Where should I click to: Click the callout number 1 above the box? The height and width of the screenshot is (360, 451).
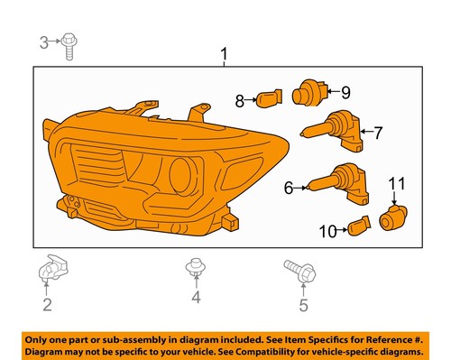click(x=224, y=58)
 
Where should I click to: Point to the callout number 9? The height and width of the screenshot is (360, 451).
click(x=345, y=91)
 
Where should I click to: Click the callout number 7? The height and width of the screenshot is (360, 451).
click(x=378, y=134)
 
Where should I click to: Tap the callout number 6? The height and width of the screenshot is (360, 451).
click(x=289, y=188)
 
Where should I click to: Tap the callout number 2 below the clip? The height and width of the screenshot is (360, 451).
click(x=46, y=305)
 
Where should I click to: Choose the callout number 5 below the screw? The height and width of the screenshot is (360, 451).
click(x=303, y=305)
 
